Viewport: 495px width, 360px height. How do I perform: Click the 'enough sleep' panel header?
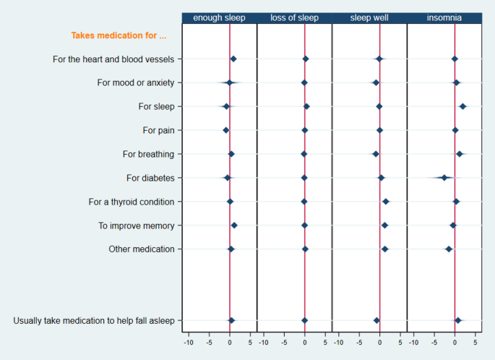219,17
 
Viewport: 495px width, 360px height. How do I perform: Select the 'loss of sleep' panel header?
294,17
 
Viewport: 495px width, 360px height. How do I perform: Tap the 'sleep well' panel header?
369,17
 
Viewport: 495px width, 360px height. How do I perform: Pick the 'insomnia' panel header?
444,17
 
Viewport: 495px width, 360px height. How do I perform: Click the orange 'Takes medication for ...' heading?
119,35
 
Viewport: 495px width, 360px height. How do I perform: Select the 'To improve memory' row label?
137,226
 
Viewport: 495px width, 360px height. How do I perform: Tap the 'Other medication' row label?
142,249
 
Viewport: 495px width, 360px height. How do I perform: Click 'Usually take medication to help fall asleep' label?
94,320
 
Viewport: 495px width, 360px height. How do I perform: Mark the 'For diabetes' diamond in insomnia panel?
444,178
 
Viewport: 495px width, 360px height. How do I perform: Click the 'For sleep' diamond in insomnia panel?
462,106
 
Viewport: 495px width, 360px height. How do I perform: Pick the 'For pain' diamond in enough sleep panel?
225,130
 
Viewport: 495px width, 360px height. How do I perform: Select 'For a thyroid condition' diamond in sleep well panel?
386,202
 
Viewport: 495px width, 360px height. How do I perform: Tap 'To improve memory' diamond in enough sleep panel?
234,226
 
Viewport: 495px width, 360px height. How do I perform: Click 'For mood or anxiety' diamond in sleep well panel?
376,82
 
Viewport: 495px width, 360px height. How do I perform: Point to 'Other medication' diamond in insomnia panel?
449,249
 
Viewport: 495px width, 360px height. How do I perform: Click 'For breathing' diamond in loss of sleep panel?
304,154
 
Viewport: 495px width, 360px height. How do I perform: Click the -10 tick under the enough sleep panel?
189,342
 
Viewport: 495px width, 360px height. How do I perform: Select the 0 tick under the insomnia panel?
455,342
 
